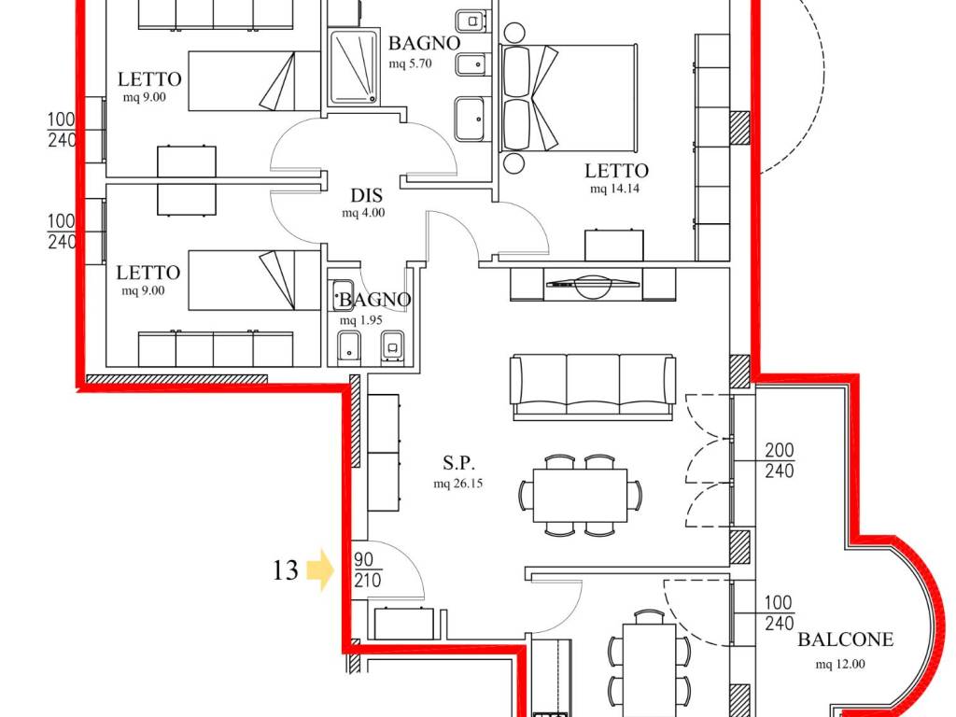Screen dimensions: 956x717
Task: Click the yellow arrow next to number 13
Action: click(319, 569)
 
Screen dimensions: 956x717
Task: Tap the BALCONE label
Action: click(845, 640)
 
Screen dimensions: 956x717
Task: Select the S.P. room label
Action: click(458, 463)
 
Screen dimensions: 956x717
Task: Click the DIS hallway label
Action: click(366, 195)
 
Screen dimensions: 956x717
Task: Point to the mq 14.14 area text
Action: click(614, 189)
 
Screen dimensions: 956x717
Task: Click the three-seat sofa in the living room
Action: click(593, 387)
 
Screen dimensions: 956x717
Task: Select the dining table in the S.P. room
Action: click(580, 495)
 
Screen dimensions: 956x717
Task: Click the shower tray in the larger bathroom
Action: click(354, 67)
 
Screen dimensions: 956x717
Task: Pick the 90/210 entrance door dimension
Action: click(367, 570)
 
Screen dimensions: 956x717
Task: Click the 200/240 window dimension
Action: click(780, 460)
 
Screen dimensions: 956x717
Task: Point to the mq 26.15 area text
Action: click(457, 484)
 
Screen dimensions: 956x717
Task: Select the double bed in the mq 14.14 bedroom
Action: click(569, 98)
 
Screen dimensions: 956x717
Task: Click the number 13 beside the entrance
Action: click(285, 570)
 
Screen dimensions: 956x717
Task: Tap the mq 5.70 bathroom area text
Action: click(411, 63)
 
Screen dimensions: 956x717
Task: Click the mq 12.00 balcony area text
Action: click(840, 664)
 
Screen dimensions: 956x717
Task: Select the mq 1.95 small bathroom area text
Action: click(361, 320)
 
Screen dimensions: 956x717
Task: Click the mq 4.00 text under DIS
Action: click(363, 213)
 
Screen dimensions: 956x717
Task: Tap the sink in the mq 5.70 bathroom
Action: click(471, 119)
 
